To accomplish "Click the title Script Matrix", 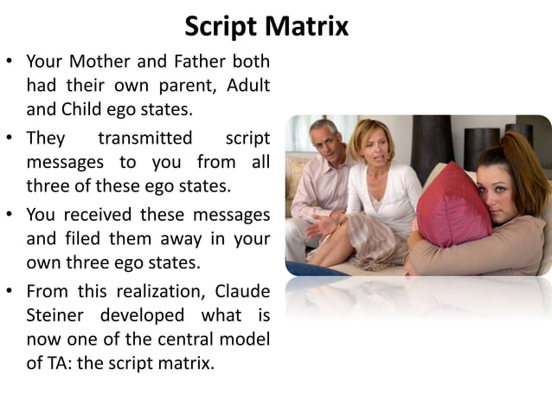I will [266, 26].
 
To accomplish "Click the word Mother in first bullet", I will [104, 62].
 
